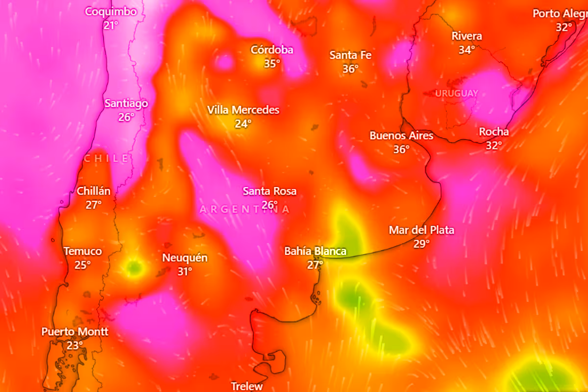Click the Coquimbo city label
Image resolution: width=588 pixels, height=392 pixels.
coord(111,12)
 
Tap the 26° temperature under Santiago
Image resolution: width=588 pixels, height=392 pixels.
coord(126,117)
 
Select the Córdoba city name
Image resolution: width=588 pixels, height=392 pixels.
coord(272,50)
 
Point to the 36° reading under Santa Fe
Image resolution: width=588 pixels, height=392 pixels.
coord(350,69)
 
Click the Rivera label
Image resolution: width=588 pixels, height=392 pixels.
coord(466,36)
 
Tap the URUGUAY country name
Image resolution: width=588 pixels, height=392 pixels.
coord(457,93)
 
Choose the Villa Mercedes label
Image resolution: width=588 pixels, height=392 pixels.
coord(243,110)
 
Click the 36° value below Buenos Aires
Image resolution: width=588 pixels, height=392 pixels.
coord(401,149)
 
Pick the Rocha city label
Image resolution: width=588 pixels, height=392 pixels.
coord(493,132)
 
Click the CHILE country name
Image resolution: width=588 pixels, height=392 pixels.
coord(107,158)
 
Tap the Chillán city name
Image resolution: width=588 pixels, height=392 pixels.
coord(94,191)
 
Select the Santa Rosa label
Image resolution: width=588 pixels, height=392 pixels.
coord(269,191)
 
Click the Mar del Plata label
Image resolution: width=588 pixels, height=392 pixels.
coord(421,230)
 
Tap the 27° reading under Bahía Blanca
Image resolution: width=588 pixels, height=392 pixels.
coord(315,265)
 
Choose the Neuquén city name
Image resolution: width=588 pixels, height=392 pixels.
coord(185,258)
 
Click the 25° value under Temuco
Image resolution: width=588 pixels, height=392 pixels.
coord(82,265)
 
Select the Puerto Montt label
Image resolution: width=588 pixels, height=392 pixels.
coord(74,332)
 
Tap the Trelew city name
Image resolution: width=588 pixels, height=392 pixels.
coord(247,386)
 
